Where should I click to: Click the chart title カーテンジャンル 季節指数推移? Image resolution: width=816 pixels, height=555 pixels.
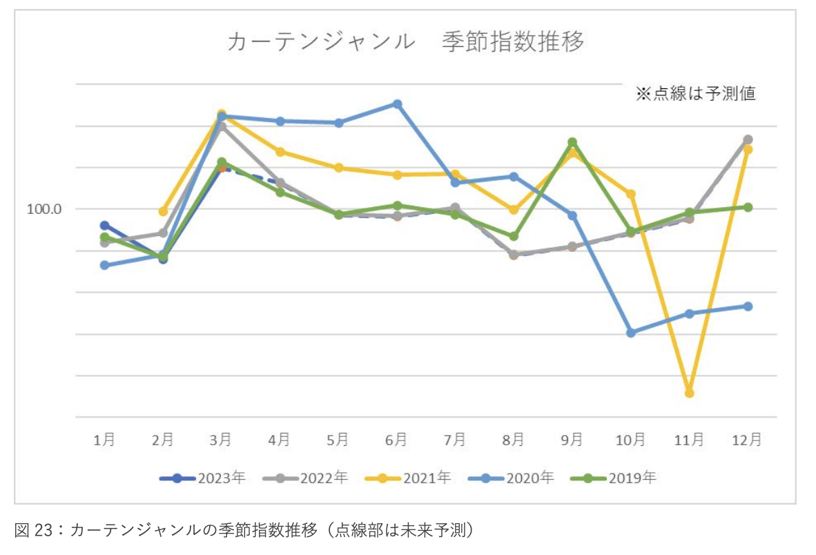tap(406, 42)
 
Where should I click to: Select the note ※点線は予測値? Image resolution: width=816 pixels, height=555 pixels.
tap(695, 94)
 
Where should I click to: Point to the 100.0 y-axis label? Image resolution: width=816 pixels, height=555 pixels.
tap(45, 208)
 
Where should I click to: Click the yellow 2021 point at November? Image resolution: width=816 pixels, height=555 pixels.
tap(689, 393)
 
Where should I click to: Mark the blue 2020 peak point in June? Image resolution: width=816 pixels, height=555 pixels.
tap(397, 104)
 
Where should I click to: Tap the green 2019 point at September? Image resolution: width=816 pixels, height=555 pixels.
tap(572, 142)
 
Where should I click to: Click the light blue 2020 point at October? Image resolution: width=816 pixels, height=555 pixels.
tap(630, 333)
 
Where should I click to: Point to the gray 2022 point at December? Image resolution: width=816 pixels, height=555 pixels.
tap(748, 139)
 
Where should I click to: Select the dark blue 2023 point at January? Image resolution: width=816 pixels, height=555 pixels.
tap(104, 225)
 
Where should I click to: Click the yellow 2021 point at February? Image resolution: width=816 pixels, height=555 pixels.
tap(163, 211)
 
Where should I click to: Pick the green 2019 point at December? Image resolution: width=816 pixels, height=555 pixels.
tap(748, 207)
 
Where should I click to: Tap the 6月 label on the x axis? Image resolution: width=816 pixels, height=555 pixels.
tap(396, 440)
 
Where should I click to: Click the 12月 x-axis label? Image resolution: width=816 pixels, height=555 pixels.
tap(747, 440)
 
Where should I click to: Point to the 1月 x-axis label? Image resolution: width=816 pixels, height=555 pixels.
tap(104, 440)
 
